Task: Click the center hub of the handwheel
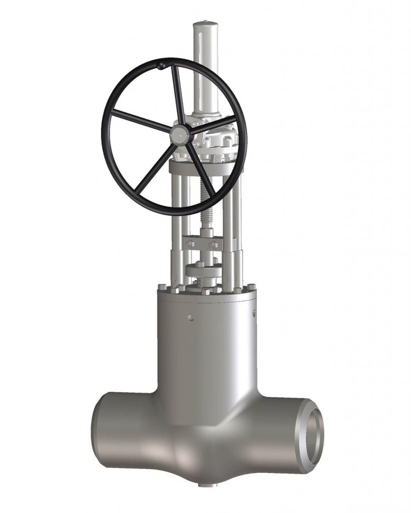[179, 134]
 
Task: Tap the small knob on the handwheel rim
[160, 65]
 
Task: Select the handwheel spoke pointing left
[140, 121]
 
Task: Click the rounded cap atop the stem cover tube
[205, 25]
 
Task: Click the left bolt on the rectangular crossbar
[189, 244]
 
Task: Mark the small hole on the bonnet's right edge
[253, 314]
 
